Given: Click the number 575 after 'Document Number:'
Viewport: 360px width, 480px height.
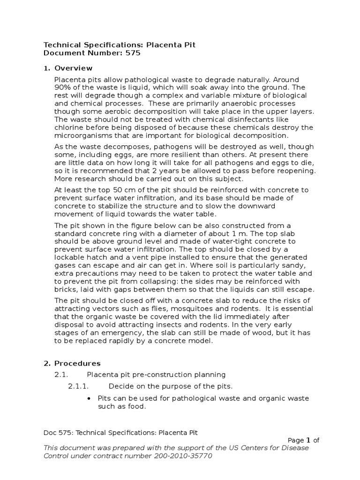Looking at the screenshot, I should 133,53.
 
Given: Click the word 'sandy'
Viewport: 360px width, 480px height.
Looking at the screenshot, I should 294,265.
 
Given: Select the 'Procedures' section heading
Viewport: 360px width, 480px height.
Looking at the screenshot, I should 77,363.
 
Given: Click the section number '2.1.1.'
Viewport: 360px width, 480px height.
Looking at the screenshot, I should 79,386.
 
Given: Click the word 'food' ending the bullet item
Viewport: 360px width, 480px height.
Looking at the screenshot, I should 137,406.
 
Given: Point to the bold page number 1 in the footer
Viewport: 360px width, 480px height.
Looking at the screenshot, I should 308,440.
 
